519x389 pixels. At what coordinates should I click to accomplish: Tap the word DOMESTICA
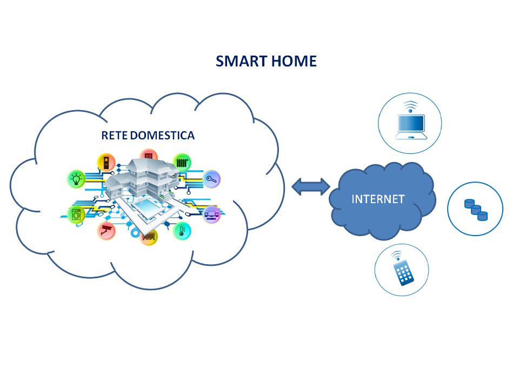click(x=162, y=136)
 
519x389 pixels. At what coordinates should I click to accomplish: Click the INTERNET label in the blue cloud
click(x=378, y=199)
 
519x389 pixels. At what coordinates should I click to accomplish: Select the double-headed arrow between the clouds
click(x=311, y=186)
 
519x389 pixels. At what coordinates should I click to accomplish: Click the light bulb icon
click(x=76, y=178)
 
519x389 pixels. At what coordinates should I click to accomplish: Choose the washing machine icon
click(x=76, y=214)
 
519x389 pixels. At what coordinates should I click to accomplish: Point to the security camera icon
click(x=105, y=231)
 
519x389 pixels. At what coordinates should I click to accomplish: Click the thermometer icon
click(x=181, y=231)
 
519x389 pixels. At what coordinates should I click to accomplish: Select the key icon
click(x=210, y=179)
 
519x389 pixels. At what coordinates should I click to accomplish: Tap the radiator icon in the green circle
click(x=182, y=162)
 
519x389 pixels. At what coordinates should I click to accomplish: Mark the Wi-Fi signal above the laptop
click(x=411, y=105)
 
